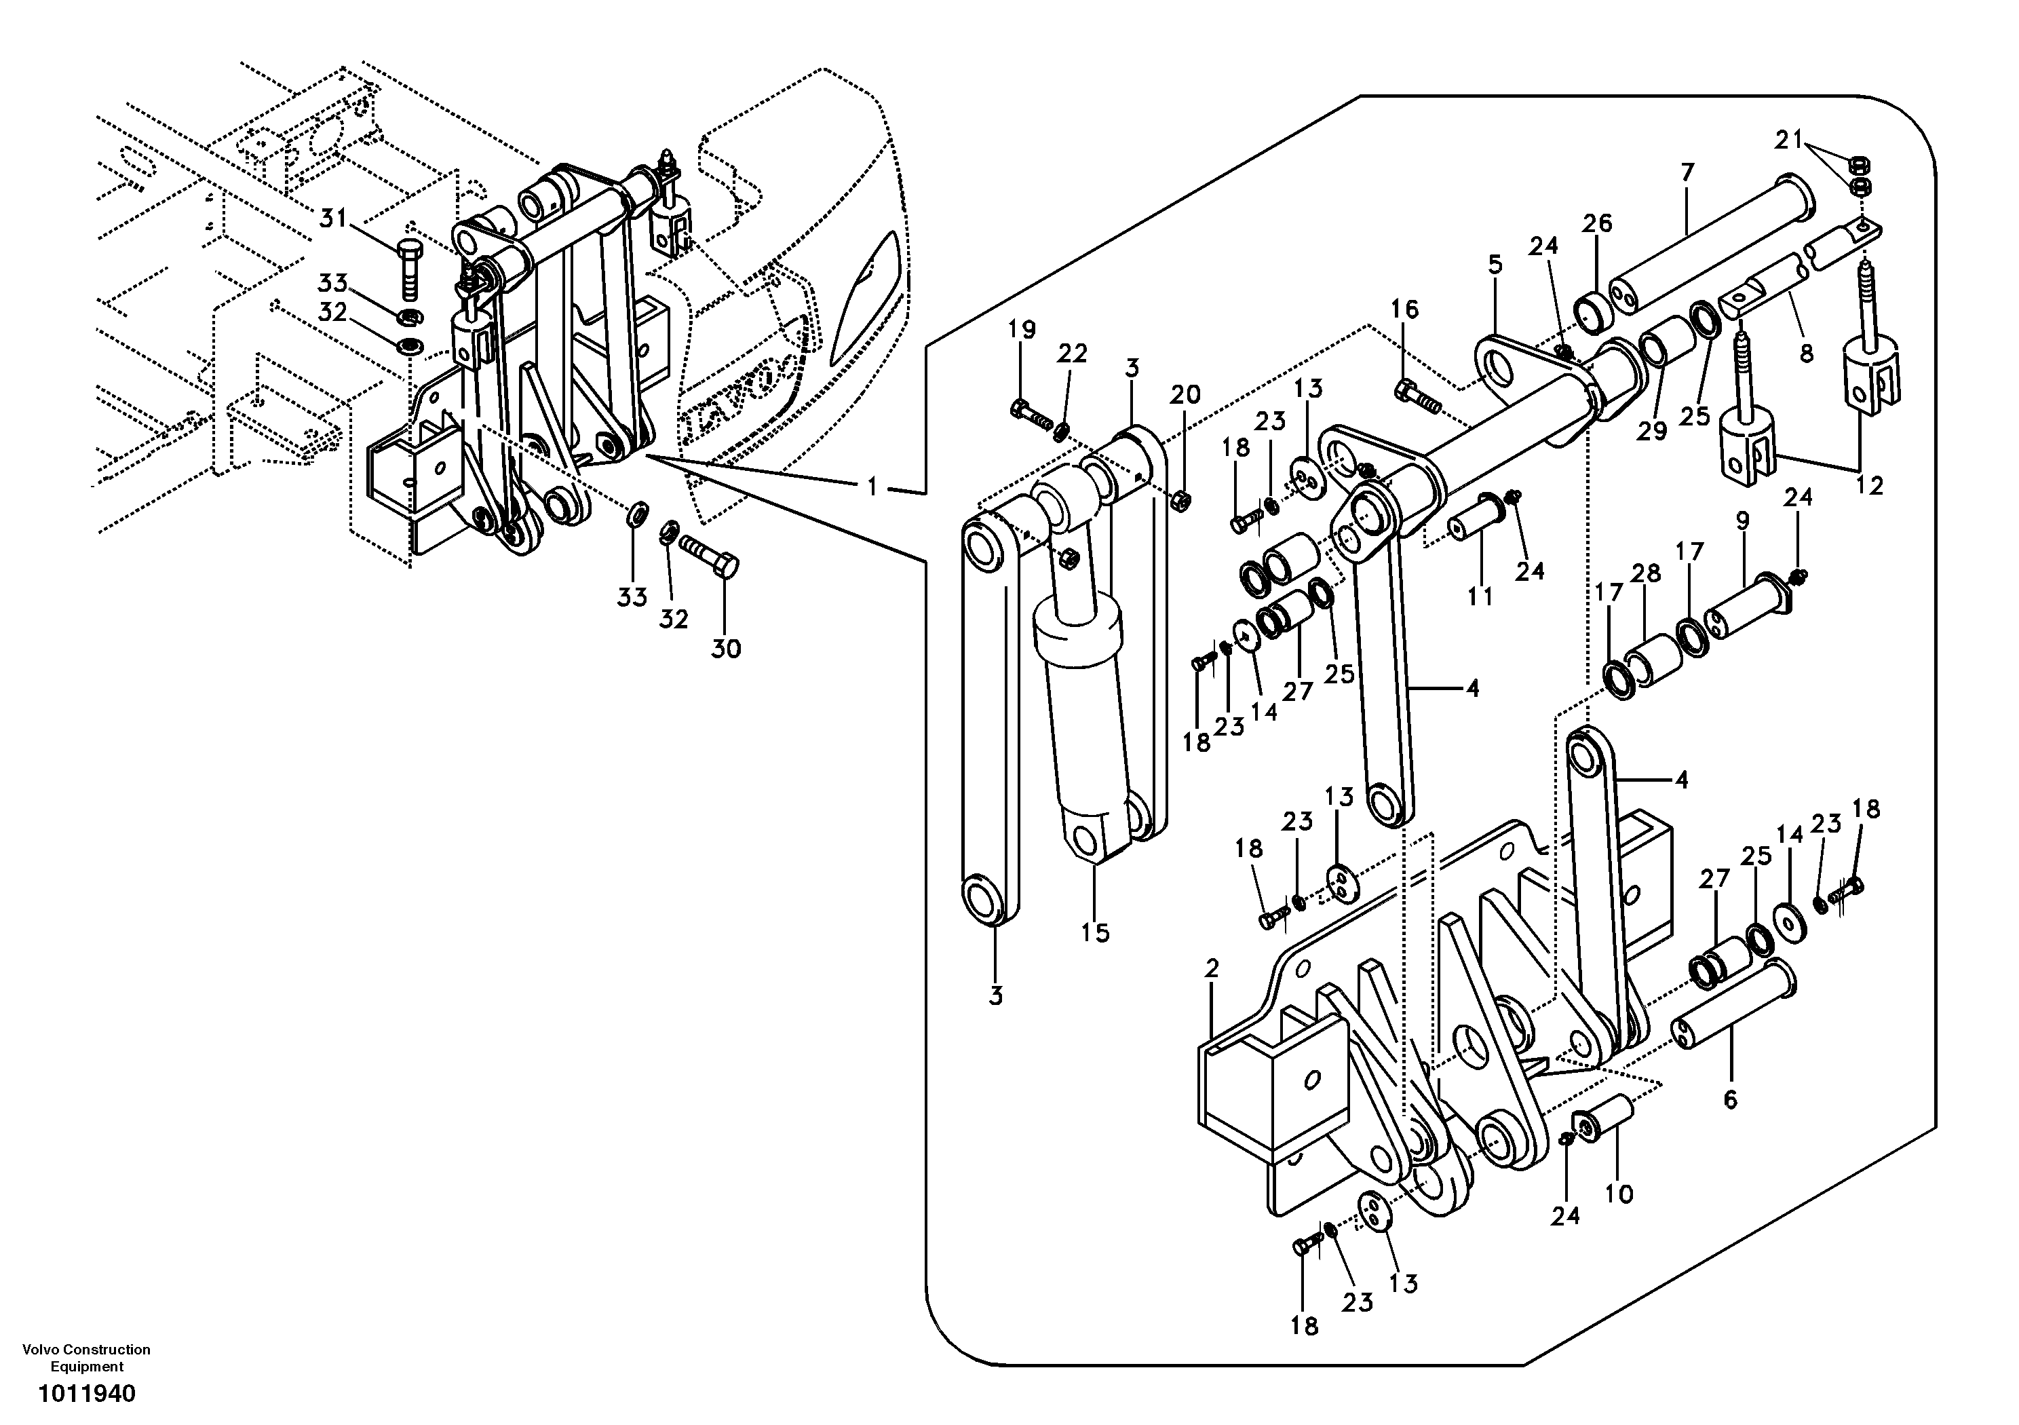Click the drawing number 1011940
click(86, 1394)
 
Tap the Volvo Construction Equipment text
click(86, 1358)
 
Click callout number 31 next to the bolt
click(333, 217)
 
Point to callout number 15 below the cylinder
click(1096, 932)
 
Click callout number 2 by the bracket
click(1212, 970)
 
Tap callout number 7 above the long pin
click(1687, 172)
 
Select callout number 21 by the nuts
click(1788, 140)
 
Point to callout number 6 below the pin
click(1730, 1099)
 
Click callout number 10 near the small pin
click(1619, 1194)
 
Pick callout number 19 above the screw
click(1022, 330)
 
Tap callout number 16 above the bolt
click(1404, 309)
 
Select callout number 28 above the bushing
click(1646, 573)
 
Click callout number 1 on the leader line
click(872, 486)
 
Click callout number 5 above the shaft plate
click(1495, 264)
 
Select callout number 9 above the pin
click(1743, 520)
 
